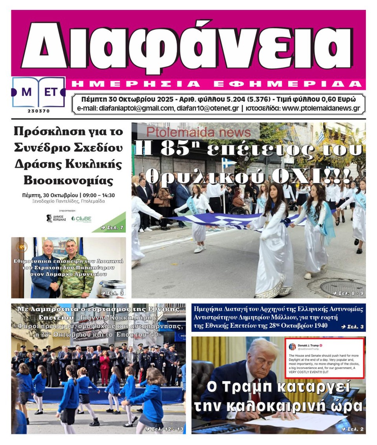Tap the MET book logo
[x=38, y=93]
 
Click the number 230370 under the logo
[x=38, y=111]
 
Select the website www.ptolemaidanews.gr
[x=321, y=108]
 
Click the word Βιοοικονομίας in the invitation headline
[x=68, y=180]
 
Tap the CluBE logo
[x=81, y=219]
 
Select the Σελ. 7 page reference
[x=112, y=227]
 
